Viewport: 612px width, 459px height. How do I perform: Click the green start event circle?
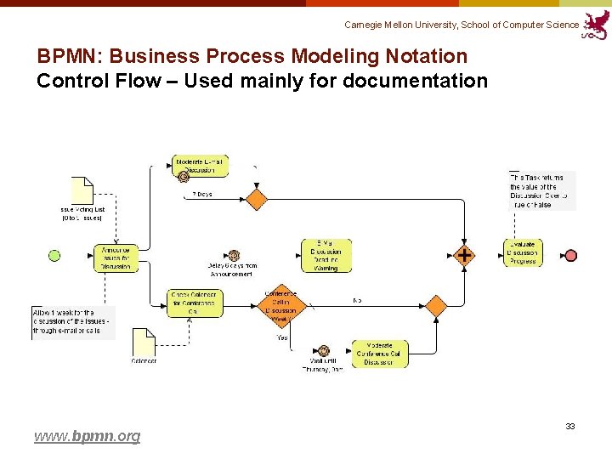(55, 255)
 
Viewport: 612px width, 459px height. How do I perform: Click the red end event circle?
(571, 255)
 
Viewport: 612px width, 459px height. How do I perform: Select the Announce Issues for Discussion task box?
(116, 257)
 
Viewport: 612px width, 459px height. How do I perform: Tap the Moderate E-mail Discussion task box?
(201, 167)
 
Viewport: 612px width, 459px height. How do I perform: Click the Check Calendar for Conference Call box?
(195, 303)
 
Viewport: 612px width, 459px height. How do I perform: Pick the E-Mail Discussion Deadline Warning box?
(326, 255)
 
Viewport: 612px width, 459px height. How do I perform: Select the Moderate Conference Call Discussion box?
(380, 354)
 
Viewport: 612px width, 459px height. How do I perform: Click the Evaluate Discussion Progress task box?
(523, 253)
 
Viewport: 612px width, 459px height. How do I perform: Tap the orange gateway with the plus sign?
(464, 255)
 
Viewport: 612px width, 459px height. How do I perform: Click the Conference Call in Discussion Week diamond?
(281, 304)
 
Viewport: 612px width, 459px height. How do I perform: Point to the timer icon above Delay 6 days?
(234, 255)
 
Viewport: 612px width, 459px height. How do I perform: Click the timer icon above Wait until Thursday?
(323, 350)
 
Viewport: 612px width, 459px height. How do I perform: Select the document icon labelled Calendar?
(144, 342)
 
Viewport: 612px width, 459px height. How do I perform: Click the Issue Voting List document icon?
(82, 190)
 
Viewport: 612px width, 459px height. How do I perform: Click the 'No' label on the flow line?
(358, 300)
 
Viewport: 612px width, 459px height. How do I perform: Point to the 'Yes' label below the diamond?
(281, 337)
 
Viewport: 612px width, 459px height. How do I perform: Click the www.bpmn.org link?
(87, 436)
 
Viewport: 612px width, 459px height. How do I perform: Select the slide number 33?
(570, 426)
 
